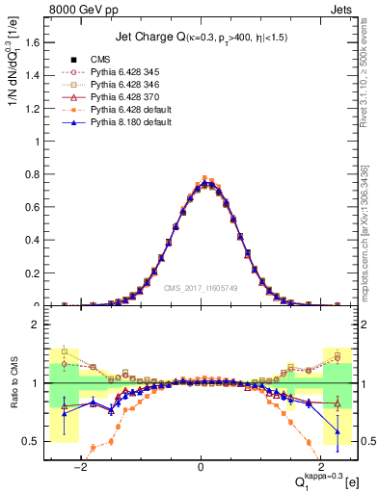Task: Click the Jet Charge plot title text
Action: click(199, 38)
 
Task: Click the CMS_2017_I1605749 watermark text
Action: click(203, 288)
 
